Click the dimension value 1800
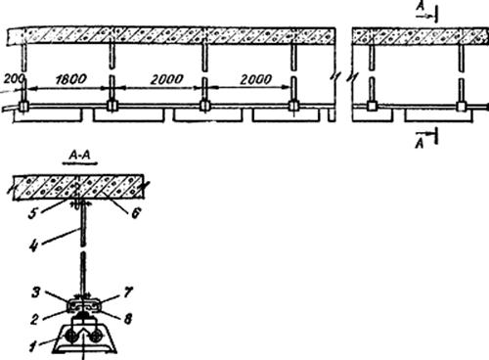coord(71,79)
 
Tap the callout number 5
coord(33,213)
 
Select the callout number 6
coord(136,213)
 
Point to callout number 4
coord(34,246)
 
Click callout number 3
coord(35,292)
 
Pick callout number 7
coord(128,292)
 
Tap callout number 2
coord(35,319)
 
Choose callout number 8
coord(128,319)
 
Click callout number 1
coord(32,346)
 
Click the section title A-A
coord(80,156)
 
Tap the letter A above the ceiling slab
coord(422,7)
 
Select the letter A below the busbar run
coord(420,143)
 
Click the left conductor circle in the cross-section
coord(70,337)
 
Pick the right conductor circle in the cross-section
coord(96,337)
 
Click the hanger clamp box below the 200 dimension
coord(23,107)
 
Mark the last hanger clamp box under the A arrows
coord(461,107)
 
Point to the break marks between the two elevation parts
coord(343,77)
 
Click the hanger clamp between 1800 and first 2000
coord(111,106)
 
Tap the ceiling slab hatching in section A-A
coord(78,187)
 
